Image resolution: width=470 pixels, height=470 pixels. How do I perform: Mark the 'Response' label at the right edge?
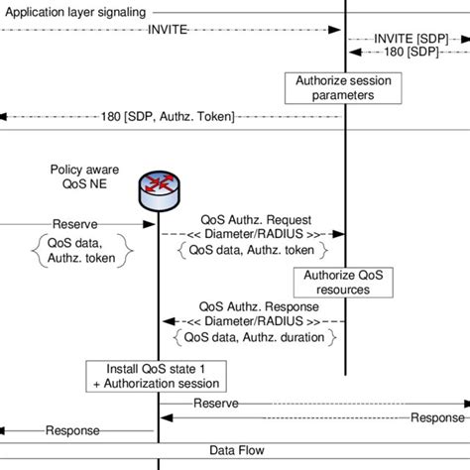pyautogui.click(x=437, y=417)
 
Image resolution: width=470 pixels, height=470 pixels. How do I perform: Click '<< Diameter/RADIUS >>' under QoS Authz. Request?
pyautogui.click(x=252, y=235)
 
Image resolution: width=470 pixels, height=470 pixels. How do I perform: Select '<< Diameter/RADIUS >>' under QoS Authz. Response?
pyautogui.click(x=252, y=321)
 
